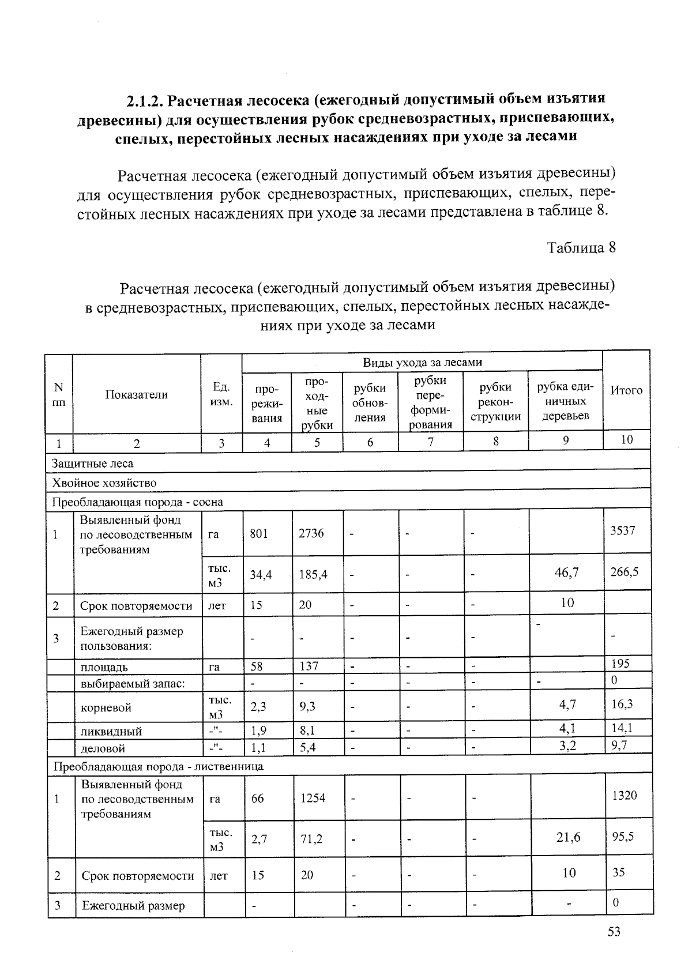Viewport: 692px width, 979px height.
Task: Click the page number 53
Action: [x=614, y=932]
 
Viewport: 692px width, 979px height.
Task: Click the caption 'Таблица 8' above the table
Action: [x=581, y=248]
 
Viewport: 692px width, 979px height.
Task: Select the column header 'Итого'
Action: [x=626, y=390]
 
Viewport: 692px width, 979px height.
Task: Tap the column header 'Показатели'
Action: [x=137, y=395]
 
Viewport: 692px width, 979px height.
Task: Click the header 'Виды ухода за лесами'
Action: [x=422, y=362]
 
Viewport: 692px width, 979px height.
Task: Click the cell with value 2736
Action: [x=311, y=533]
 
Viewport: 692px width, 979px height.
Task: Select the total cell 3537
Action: [x=623, y=530]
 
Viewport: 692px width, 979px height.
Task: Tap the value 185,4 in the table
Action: [x=313, y=574]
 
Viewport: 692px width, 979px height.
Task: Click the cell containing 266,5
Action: [x=625, y=572]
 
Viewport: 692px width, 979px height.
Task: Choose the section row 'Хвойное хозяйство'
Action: [x=104, y=483]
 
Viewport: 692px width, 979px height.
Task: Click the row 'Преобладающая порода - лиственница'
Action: [x=158, y=766]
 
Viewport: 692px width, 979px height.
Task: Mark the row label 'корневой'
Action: [x=107, y=707]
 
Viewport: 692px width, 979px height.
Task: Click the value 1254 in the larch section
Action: [x=313, y=798]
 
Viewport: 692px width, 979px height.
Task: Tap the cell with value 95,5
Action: [x=623, y=836]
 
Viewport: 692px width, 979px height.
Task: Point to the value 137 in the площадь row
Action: [x=309, y=666]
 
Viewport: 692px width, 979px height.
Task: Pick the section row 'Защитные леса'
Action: [x=93, y=464]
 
